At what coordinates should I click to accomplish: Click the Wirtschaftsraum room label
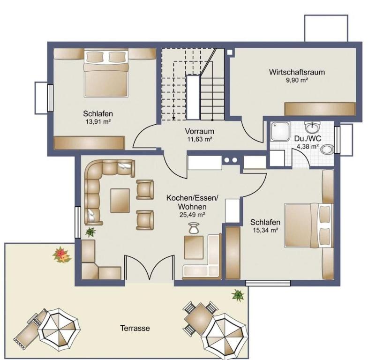[297, 72]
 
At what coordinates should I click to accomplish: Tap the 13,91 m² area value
[98, 121]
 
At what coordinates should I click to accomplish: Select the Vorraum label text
[200, 131]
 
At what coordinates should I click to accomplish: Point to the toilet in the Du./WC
[327, 149]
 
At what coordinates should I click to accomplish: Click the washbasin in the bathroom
[312, 127]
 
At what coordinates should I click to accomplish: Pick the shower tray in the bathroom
[280, 131]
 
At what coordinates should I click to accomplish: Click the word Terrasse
[135, 328]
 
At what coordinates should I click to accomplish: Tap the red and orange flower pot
[62, 255]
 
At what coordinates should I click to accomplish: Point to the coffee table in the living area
[120, 201]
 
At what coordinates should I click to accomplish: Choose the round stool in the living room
[194, 228]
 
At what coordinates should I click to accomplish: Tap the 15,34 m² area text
[265, 230]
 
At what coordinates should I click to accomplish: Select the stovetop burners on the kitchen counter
[231, 160]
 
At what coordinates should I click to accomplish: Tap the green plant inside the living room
[90, 232]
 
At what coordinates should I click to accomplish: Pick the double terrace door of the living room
[150, 268]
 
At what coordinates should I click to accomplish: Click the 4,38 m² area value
[308, 147]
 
